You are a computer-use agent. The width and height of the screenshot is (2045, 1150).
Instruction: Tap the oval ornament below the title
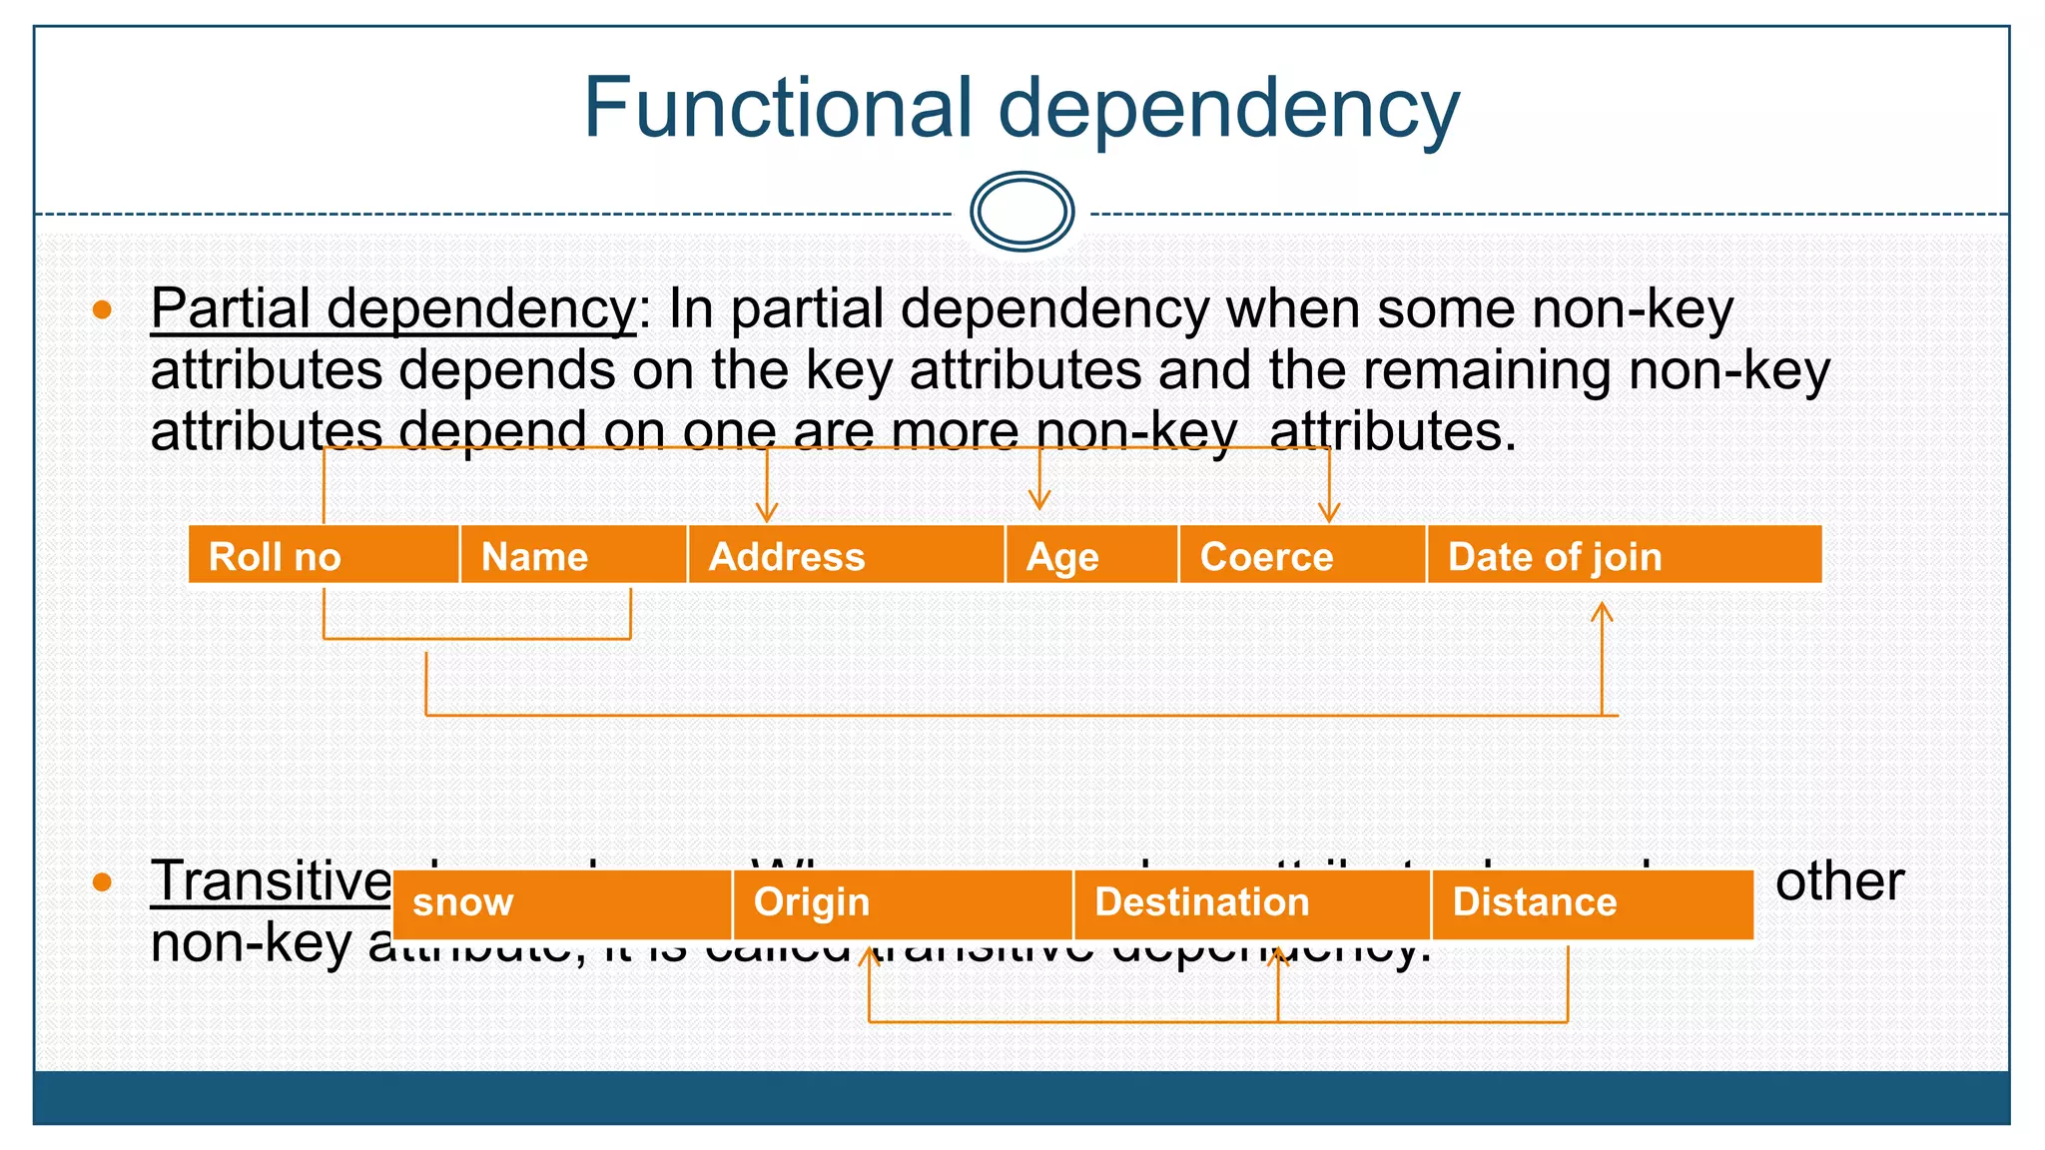(1022, 212)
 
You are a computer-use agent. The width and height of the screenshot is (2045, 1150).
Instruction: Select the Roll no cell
(323, 556)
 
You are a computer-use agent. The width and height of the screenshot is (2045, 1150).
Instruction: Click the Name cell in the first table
(573, 556)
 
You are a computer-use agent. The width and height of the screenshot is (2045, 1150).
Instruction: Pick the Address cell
(845, 556)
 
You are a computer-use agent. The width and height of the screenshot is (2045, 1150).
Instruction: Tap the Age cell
(1090, 556)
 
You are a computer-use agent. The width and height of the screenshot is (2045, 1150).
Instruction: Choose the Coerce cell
(1301, 556)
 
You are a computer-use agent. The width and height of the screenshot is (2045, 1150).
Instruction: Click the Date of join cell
(1624, 556)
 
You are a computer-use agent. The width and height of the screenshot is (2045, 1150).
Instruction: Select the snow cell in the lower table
(561, 902)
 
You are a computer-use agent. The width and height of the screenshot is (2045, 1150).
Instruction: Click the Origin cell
(902, 902)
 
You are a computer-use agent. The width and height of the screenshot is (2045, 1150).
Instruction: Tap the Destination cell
(1251, 902)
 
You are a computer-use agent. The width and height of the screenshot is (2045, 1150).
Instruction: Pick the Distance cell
(1592, 902)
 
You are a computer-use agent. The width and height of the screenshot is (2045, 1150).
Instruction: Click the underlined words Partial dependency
(392, 309)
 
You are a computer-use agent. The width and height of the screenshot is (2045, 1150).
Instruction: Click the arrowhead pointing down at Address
(766, 514)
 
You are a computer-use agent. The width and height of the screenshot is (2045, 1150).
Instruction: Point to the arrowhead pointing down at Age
(1039, 501)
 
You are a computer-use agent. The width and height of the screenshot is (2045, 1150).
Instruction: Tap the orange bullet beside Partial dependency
(102, 309)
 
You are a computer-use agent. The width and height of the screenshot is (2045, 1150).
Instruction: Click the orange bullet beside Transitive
(102, 881)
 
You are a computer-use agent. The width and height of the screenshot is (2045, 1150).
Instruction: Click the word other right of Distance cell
(1839, 881)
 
